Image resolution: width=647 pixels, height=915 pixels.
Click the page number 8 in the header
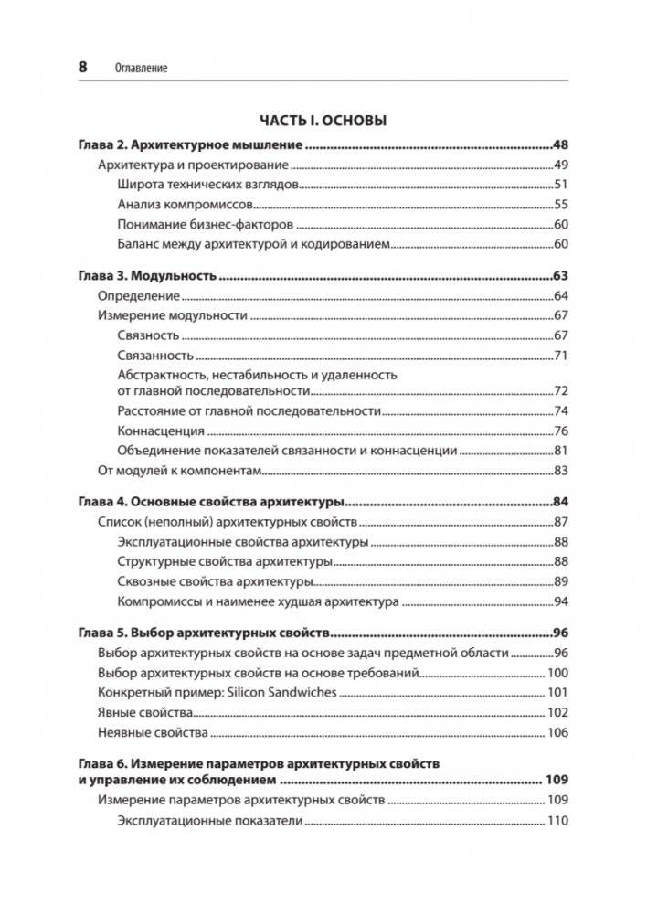(82, 67)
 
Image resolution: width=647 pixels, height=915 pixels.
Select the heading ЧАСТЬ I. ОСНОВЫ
(323, 121)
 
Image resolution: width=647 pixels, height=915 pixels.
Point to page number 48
(560, 145)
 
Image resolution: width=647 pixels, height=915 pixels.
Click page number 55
(561, 205)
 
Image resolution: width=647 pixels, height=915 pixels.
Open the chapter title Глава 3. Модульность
(146, 275)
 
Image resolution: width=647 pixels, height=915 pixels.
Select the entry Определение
(139, 295)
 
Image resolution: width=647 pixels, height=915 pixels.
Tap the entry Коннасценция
(161, 431)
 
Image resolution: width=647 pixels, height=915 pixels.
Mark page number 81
(561, 452)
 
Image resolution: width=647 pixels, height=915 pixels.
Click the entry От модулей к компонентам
(179, 472)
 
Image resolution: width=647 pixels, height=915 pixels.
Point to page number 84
(560, 503)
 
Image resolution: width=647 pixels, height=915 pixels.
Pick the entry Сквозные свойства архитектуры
(216, 582)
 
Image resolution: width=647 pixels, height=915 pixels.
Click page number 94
(561, 602)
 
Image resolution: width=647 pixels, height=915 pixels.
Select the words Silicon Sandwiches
(286, 693)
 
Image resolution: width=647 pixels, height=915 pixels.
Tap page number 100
(557, 673)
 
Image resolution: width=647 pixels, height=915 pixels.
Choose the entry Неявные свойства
(151, 733)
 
